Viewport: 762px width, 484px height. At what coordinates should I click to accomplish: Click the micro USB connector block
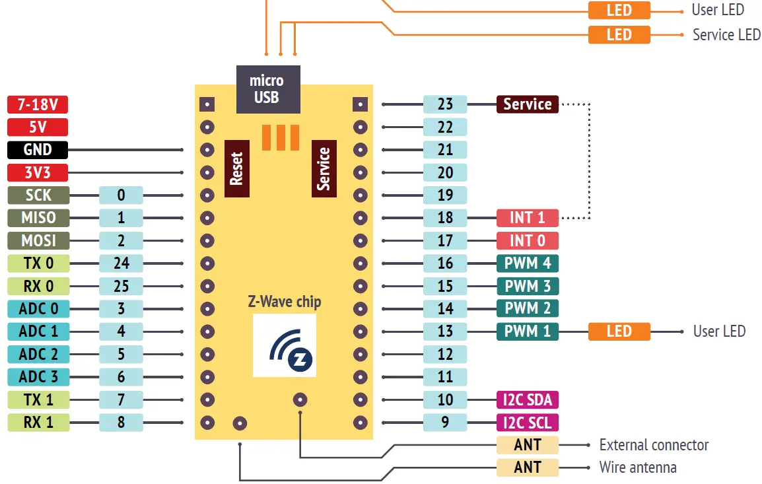click(267, 89)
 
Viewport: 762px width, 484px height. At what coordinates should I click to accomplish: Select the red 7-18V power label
click(38, 104)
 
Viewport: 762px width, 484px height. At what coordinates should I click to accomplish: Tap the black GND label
click(38, 150)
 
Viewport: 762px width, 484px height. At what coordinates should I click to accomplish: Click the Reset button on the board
click(237, 168)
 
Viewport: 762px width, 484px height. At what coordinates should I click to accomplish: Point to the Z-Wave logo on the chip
click(285, 345)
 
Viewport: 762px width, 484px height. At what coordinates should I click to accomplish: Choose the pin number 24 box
click(121, 263)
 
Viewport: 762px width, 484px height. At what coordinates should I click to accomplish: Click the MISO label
click(38, 218)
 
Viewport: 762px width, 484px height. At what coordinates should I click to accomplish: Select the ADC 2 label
click(38, 355)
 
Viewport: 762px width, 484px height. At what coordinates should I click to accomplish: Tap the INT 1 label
click(527, 218)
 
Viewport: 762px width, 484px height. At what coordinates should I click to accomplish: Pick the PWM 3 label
click(527, 287)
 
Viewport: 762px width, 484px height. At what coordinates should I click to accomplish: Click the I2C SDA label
click(527, 399)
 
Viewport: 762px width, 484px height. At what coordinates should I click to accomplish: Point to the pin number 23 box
click(445, 104)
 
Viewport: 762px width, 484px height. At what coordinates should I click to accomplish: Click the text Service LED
click(726, 35)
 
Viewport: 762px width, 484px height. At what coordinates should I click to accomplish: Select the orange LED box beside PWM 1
click(619, 331)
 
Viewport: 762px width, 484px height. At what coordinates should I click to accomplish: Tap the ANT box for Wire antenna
click(527, 467)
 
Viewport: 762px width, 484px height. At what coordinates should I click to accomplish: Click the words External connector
click(653, 445)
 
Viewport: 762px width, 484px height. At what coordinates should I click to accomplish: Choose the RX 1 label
click(38, 423)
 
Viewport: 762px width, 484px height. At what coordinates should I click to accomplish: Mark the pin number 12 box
click(445, 355)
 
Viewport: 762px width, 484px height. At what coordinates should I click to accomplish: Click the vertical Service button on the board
click(324, 168)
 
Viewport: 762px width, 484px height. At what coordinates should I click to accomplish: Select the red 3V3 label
click(38, 173)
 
